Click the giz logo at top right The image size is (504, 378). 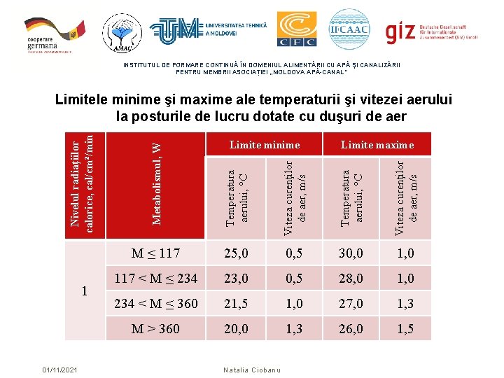point(440,31)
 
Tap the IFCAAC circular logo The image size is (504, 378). point(349,29)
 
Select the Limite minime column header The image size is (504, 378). point(264,145)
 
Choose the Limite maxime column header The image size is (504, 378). point(377,145)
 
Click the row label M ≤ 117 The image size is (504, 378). point(156,253)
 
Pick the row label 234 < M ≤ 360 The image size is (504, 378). point(156,303)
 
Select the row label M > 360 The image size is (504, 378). point(156,328)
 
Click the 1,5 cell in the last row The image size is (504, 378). point(405,328)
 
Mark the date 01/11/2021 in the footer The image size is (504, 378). point(59,370)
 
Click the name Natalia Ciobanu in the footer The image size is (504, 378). point(251,370)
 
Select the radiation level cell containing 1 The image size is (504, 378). point(84,290)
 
